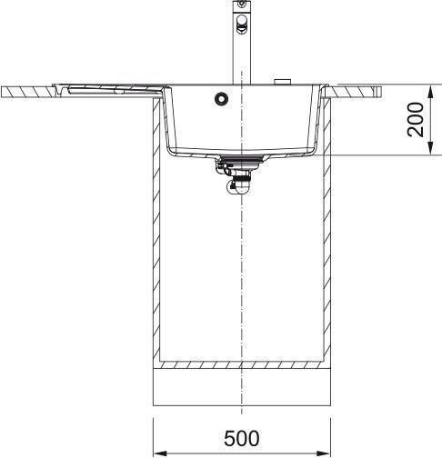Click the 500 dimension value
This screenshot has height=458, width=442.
tap(242, 438)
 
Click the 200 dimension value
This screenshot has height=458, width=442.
tap(416, 120)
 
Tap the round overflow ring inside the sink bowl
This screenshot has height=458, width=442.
tap(221, 98)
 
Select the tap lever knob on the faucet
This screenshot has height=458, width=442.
tap(242, 24)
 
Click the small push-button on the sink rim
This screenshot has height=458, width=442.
tap(282, 82)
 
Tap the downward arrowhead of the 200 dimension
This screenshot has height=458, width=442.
tap(430, 148)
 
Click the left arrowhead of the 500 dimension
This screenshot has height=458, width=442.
tap(160, 453)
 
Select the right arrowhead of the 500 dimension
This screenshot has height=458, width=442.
tap(324, 453)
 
